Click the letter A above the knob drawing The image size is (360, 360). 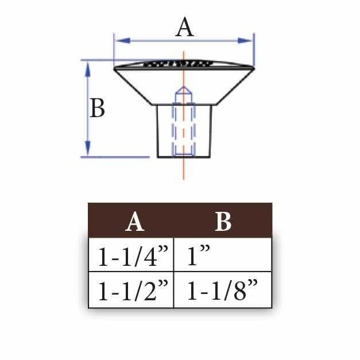(184, 27)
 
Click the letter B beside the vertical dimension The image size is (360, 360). (97, 108)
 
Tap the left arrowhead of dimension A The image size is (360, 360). (123, 41)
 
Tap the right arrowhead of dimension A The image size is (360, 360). (245, 41)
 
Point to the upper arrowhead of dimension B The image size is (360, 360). (87, 69)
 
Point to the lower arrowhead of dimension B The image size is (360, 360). (87, 149)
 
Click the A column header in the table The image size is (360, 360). (135, 221)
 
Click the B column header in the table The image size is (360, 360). (223, 221)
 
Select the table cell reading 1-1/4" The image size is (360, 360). (131, 254)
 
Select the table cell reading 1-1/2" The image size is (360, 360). (131, 290)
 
